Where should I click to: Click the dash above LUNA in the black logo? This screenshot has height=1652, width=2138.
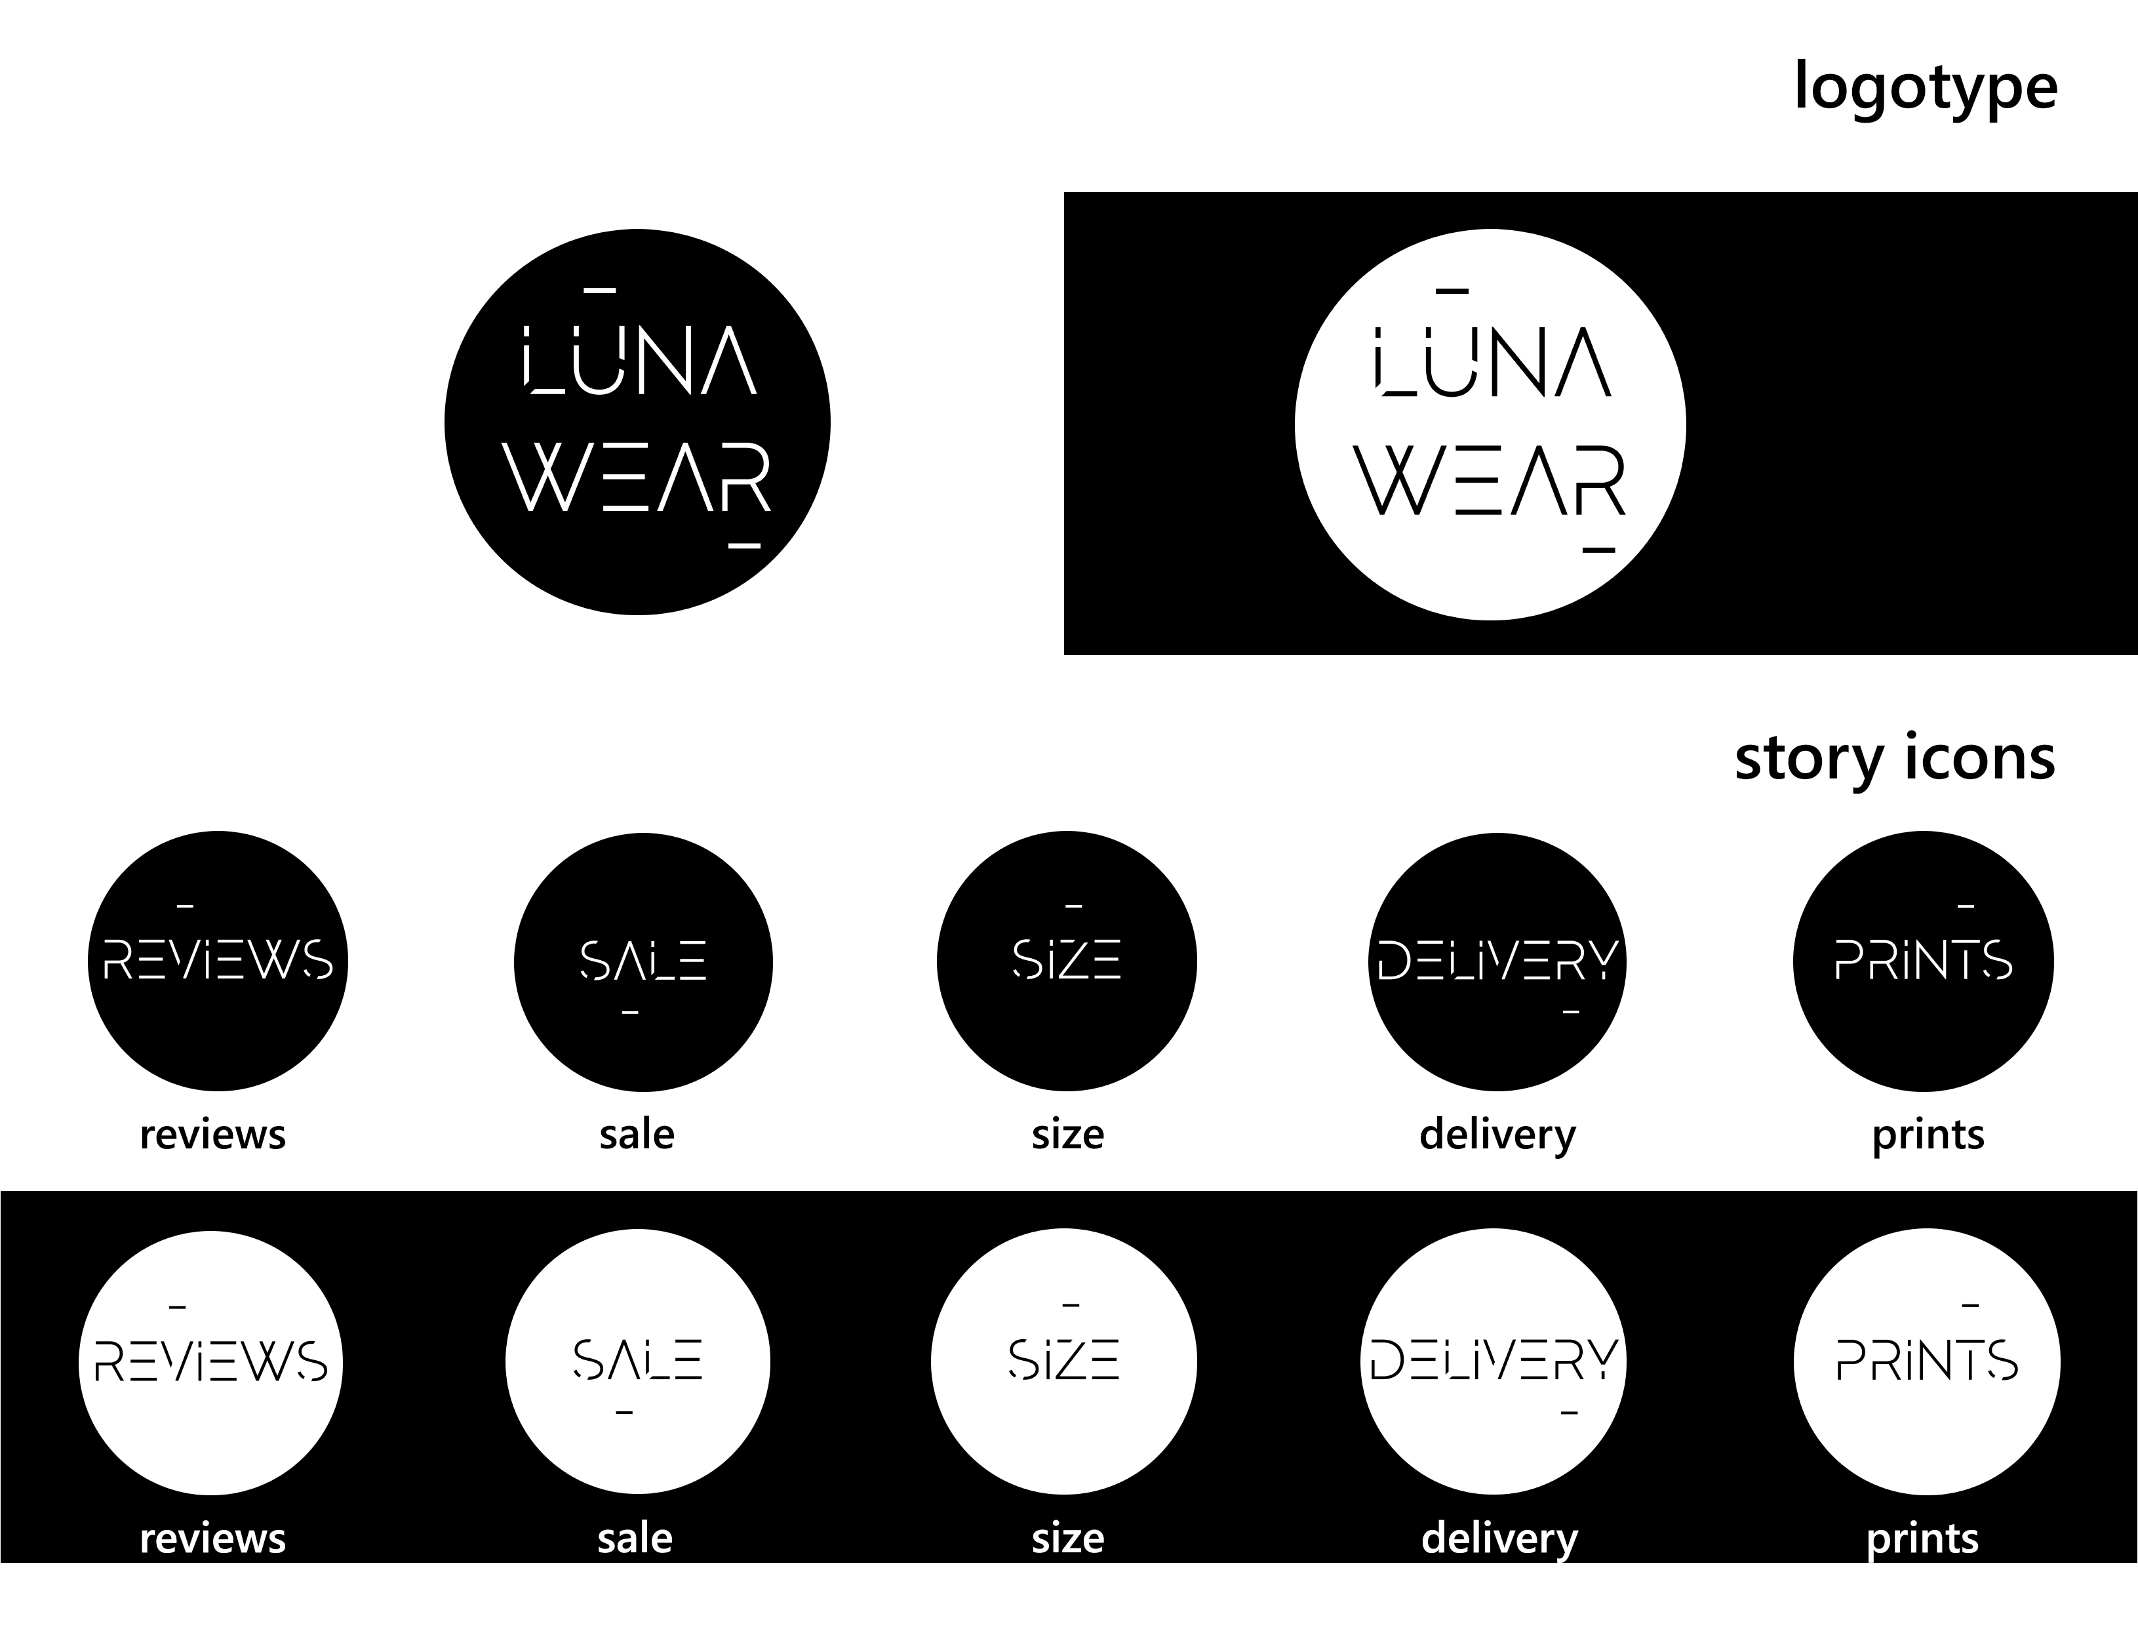pos(599,290)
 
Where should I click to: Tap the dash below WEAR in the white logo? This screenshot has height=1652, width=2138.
pos(1598,550)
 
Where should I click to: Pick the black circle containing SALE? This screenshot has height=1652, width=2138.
pos(643,961)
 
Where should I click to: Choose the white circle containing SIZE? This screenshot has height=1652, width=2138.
pos(1064,1362)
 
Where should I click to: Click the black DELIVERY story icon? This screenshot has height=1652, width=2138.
pos(1497,961)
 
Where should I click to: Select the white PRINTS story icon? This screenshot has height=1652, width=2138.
pos(1926,1362)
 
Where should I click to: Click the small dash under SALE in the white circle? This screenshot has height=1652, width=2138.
pos(625,1412)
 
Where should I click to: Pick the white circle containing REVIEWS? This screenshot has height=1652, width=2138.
pos(210,1362)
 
